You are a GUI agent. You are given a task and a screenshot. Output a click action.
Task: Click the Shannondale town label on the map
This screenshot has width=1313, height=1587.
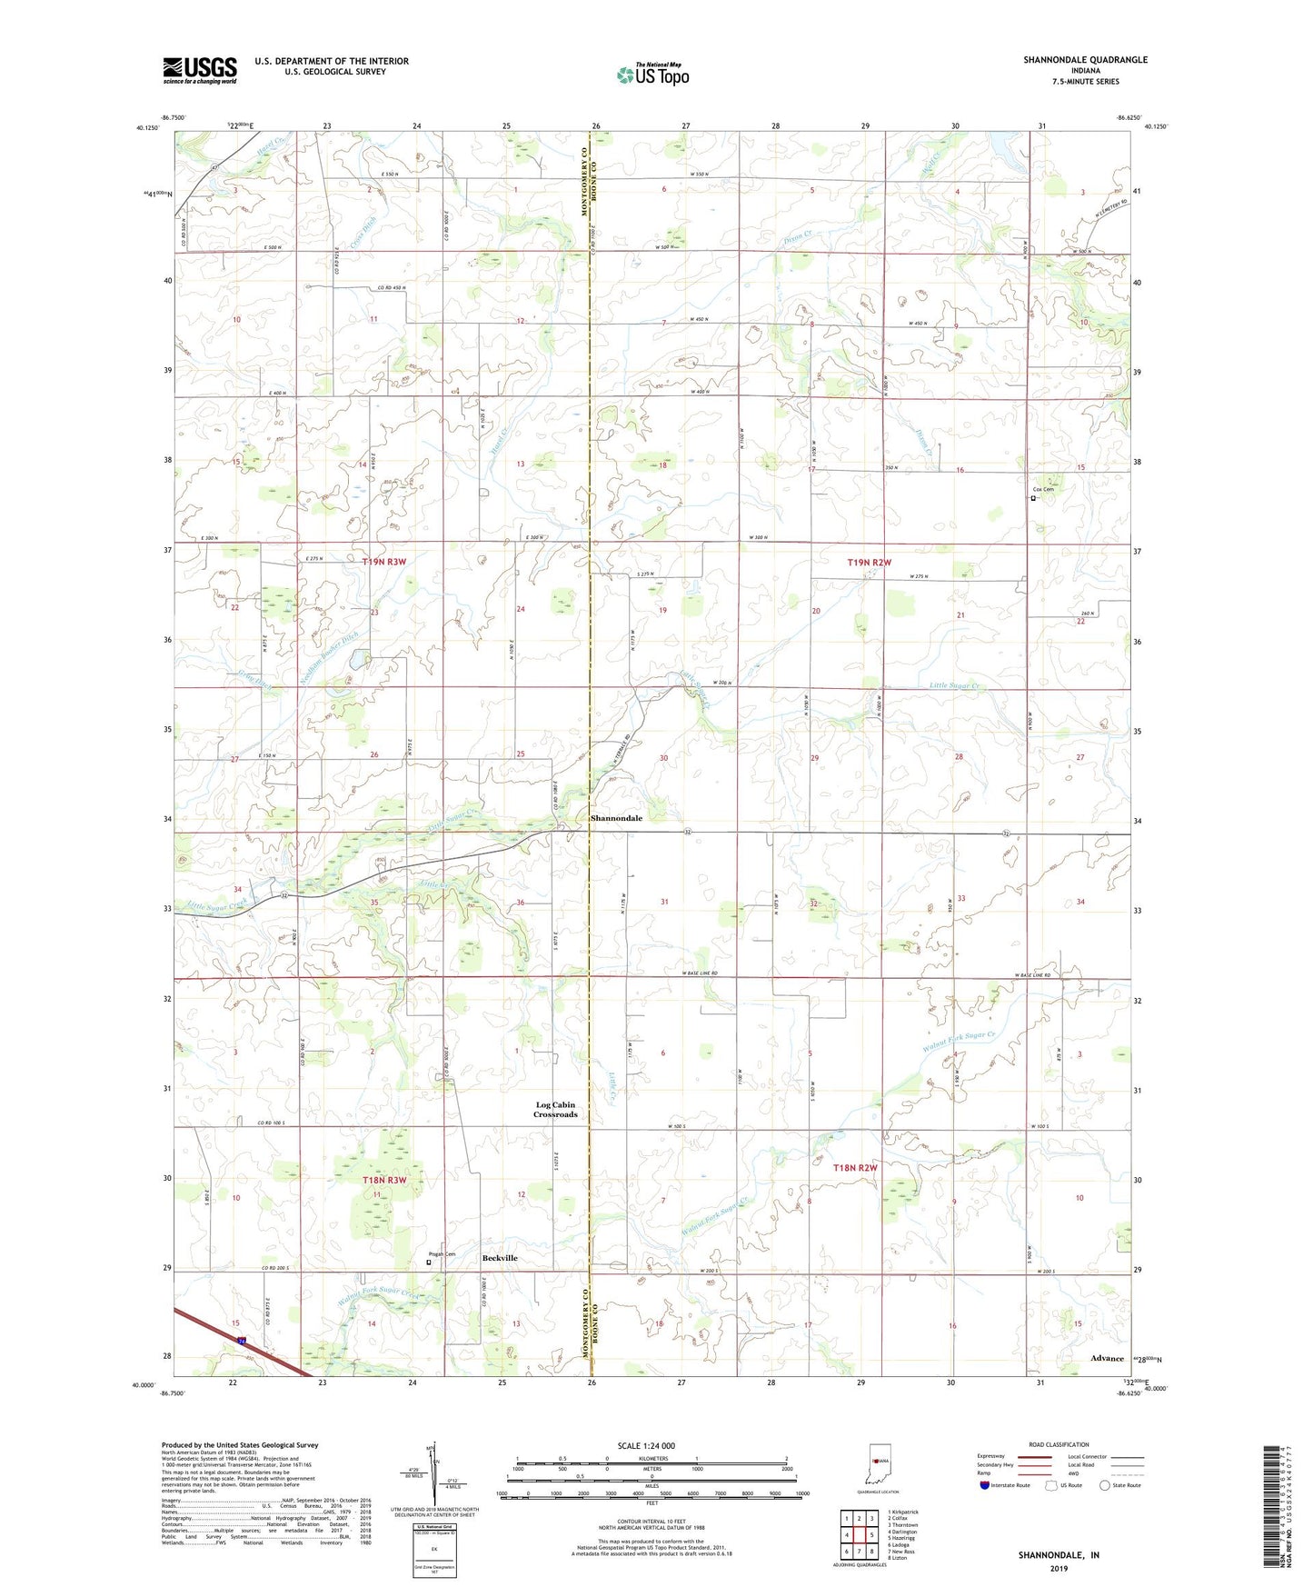(616, 818)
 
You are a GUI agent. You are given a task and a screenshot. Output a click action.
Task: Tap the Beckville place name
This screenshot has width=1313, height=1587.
(500, 1258)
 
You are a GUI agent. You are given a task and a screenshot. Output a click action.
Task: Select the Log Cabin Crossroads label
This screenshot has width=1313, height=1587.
(555, 1110)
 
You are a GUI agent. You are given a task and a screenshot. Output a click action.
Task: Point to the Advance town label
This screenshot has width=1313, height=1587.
(1107, 1358)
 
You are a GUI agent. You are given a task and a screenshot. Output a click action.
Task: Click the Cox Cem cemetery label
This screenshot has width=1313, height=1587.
(1042, 490)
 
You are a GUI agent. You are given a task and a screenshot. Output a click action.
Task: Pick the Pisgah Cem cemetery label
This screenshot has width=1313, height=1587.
(443, 1254)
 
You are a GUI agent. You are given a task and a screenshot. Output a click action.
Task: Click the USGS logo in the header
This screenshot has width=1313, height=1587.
(200, 70)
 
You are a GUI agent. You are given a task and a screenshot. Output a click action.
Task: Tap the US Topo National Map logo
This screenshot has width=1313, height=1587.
(652, 74)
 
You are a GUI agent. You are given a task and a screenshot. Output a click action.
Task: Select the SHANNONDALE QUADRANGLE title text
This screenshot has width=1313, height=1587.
(1085, 60)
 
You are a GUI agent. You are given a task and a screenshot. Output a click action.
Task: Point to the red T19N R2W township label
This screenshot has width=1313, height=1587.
(869, 563)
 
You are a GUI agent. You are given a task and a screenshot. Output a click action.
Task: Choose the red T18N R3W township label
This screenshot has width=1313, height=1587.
(383, 1180)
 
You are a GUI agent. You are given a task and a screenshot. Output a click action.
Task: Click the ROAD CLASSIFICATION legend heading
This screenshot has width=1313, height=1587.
(1059, 1444)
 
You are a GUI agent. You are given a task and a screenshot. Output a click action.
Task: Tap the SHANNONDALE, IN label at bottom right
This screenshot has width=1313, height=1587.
(1059, 1555)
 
